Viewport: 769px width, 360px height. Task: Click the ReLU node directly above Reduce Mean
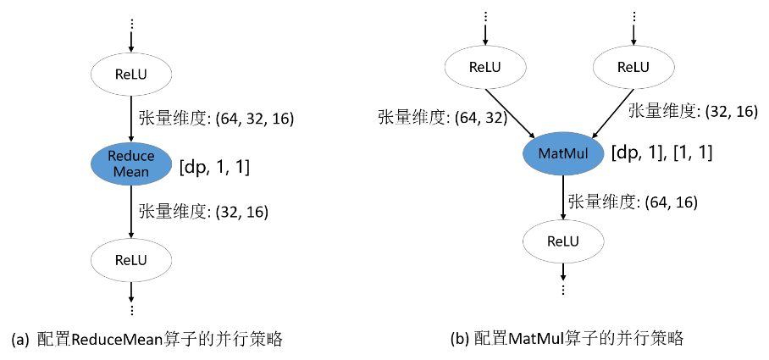(131, 75)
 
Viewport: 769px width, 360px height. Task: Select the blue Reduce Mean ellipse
(131, 163)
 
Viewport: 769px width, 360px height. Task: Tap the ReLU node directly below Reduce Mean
(131, 260)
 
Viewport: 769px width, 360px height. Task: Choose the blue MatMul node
(563, 154)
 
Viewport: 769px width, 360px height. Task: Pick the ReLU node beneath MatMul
(563, 241)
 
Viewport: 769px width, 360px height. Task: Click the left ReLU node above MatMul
(485, 67)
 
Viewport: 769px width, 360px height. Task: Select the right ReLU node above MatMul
(633, 67)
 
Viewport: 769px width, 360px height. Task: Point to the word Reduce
(131, 156)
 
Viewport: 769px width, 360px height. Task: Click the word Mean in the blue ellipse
(131, 172)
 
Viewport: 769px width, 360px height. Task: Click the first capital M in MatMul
(544, 154)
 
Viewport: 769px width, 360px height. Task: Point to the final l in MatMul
(586, 154)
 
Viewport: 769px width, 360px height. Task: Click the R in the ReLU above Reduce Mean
(119, 75)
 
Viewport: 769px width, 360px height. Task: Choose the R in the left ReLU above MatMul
(473, 67)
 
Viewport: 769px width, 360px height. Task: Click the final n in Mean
(145, 172)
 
